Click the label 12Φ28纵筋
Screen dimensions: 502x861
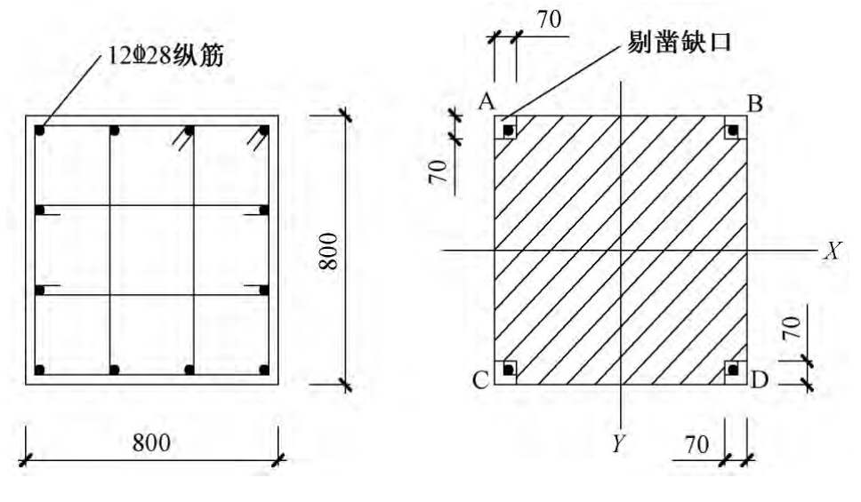coord(165,59)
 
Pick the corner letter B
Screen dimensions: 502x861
coord(754,104)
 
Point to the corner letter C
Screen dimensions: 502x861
coord(481,381)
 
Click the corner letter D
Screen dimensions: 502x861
coord(758,381)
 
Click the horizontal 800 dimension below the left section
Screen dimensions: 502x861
coord(151,442)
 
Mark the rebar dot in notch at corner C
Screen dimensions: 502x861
coord(508,369)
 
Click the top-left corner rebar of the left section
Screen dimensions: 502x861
coord(40,131)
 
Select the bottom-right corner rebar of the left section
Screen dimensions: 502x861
coord(263,369)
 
